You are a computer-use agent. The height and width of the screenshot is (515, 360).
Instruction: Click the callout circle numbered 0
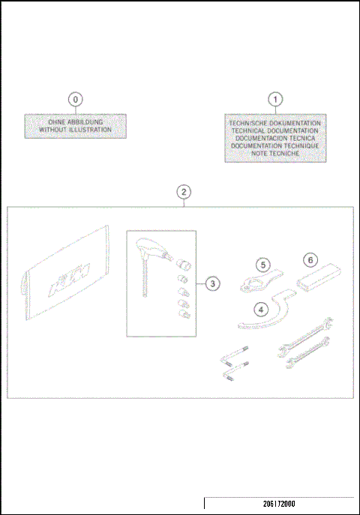[75, 98]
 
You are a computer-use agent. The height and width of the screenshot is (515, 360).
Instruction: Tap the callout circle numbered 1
[276, 98]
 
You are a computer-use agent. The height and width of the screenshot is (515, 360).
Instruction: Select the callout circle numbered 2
[184, 192]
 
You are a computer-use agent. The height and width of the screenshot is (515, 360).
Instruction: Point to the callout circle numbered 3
[213, 284]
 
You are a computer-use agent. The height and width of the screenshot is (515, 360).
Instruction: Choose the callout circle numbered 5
[262, 265]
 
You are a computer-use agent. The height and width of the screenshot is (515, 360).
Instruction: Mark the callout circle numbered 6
[309, 259]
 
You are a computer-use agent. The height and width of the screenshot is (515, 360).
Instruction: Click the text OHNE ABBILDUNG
[75, 122]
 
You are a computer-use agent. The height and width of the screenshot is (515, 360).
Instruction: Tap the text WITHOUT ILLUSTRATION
[75, 130]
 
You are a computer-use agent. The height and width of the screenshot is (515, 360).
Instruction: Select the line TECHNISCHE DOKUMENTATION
[276, 122]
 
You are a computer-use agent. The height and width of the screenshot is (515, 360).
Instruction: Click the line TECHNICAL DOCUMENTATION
[276, 130]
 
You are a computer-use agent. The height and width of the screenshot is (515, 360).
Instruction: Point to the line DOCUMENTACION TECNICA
[276, 138]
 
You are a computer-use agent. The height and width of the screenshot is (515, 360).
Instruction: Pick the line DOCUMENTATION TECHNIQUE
[276, 145]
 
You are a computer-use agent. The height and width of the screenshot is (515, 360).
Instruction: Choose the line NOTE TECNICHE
[276, 153]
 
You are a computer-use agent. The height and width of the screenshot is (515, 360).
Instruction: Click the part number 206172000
[280, 505]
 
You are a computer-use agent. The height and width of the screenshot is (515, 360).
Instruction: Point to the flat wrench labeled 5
[256, 281]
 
